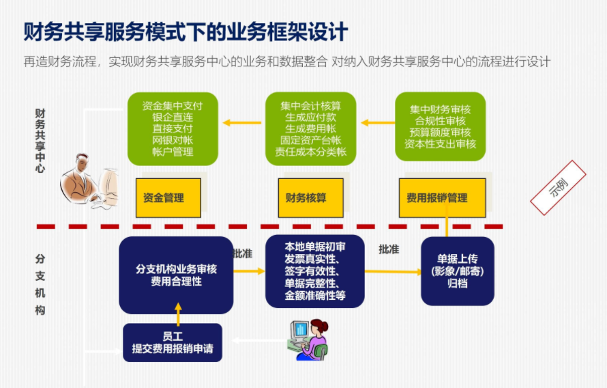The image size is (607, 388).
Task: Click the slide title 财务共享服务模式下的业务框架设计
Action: pyautogui.click(x=186, y=31)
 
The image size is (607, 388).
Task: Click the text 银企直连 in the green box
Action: pyautogui.click(x=173, y=117)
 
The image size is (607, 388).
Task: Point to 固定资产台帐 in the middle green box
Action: pyautogui.click(x=310, y=140)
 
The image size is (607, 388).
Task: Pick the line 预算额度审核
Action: pyautogui.click(x=440, y=133)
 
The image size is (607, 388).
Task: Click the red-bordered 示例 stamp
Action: pyautogui.click(x=559, y=188)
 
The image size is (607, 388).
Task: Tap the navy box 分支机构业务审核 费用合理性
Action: pyautogui.click(x=176, y=275)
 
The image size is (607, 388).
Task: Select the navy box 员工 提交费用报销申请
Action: pyautogui.click(x=173, y=342)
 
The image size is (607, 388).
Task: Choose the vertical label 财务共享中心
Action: pyautogui.click(x=40, y=140)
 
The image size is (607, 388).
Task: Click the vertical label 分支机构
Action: pyautogui.click(x=40, y=284)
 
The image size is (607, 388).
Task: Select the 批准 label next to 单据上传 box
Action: pyautogui.click(x=389, y=249)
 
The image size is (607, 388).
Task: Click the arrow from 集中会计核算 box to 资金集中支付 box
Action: pyautogui.click(x=242, y=124)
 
